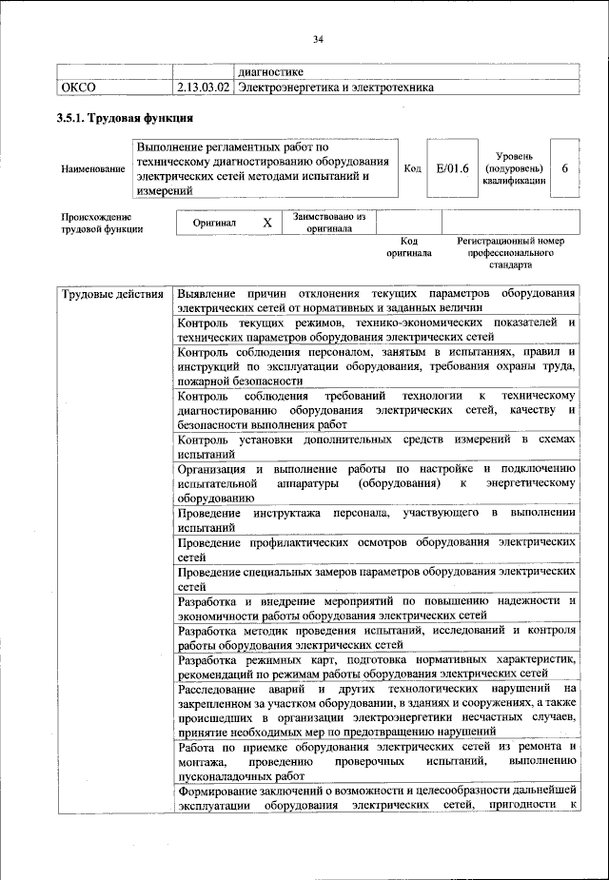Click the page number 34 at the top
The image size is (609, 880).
tap(318, 39)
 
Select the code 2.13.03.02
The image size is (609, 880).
tap(203, 88)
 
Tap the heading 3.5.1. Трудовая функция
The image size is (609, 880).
tap(125, 119)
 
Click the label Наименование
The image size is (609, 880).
tap(92, 169)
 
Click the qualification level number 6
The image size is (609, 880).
tap(564, 168)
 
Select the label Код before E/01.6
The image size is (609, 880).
tap(412, 168)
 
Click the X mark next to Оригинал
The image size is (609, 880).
tap(267, 222)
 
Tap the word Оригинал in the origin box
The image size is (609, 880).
tap(214, 222)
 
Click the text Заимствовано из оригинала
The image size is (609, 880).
tap(329, 223)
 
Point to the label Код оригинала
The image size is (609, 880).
tap(408, 247)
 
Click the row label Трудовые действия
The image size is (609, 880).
tap(111, 293)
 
